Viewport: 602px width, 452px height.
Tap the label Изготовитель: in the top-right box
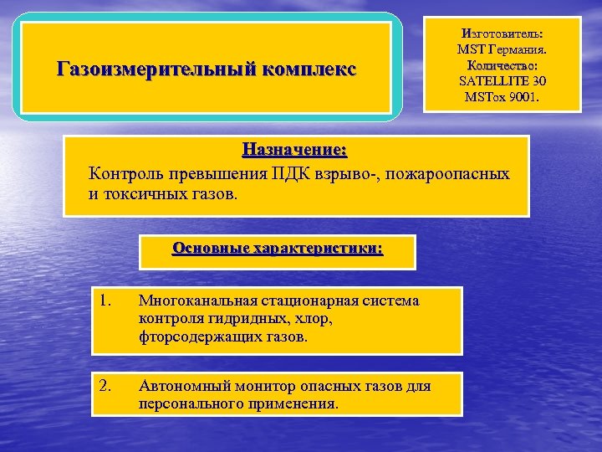pos(501,33)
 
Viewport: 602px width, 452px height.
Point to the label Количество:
pos(502,65)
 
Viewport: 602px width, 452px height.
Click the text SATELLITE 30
pos(502,81)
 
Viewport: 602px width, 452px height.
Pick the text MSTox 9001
pos(502,97)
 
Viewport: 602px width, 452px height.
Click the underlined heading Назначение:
pos(294,152)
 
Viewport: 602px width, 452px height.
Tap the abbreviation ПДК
pos(296,175)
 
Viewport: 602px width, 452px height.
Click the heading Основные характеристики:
pos(278,249)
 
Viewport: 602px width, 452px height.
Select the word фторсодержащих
pos(191,337)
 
